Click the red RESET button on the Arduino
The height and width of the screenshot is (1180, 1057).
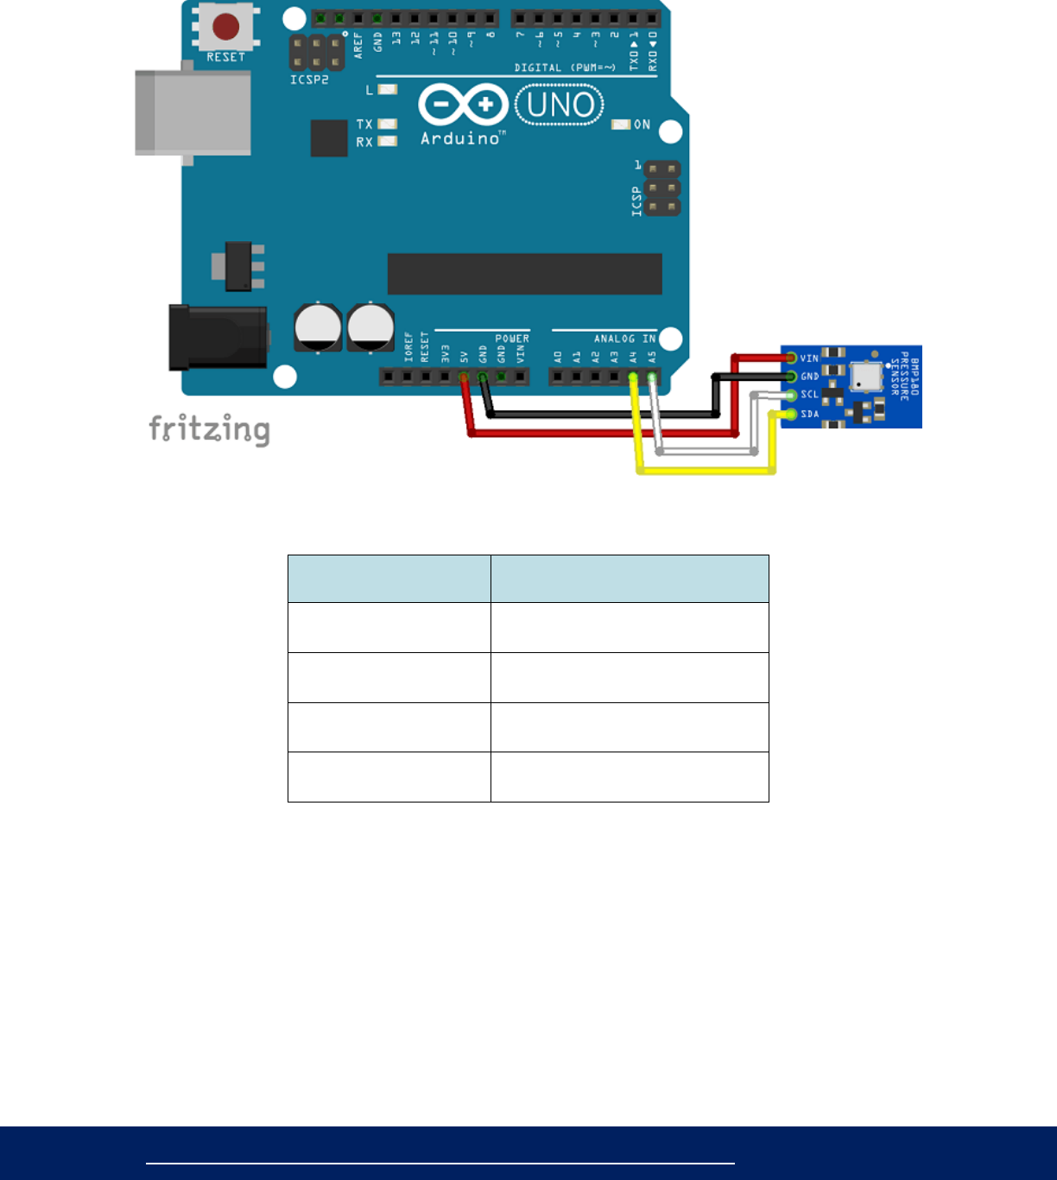(225, 27)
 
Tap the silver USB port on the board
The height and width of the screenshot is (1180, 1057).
(193, 113)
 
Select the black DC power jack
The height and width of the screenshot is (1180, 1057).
(218, 337)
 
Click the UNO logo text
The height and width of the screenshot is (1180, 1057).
(560, 105)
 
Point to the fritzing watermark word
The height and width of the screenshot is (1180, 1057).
(209, 428)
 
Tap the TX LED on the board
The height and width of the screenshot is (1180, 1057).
(388, 124)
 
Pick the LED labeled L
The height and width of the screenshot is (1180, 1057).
(388, 89)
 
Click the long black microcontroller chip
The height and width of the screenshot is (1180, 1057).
(524, 274)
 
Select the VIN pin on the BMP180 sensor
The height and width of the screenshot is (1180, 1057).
(791, 358)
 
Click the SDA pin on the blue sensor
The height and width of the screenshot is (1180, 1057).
(790, 415)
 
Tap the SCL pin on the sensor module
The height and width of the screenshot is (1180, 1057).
(791, 396)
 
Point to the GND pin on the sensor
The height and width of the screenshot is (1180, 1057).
(791, 377)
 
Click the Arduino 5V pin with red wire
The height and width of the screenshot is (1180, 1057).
(464, 377)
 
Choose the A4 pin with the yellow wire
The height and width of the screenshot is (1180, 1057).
(633, 377)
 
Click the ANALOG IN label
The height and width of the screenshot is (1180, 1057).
(624, 339)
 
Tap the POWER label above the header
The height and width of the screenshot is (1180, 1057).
(511, 339)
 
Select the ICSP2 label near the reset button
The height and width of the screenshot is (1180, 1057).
(309, 79)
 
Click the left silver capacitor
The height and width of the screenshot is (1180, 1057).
(318, 327)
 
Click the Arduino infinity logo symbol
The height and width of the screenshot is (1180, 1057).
(463, 106)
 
